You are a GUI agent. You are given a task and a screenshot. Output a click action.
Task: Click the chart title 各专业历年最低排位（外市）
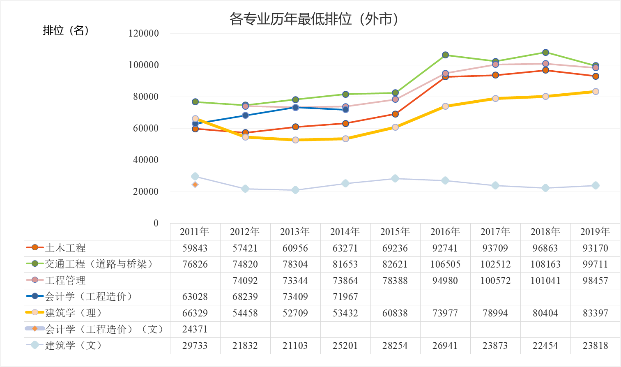[314, 19]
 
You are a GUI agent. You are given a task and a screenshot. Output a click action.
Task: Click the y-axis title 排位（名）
[66, 30]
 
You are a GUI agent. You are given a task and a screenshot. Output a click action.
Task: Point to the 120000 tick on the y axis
[144, 34]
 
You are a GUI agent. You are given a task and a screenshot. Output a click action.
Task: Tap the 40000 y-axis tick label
[145, 160]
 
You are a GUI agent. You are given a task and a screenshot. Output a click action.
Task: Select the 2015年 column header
[395, 232]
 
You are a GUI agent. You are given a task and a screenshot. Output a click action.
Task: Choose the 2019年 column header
[595, 232]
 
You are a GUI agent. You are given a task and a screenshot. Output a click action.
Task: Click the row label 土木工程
[65, 248]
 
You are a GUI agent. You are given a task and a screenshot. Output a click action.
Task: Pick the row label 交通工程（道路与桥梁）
[99, 264]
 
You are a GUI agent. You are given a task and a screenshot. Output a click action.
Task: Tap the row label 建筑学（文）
[73, 345]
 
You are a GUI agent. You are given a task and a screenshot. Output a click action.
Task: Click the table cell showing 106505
[445, 264]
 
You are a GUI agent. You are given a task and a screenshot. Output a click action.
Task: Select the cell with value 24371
[195, 329]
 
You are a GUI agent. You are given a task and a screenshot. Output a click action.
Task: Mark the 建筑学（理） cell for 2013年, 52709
[295, 313]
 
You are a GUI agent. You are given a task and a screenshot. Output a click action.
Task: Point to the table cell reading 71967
[345, 297]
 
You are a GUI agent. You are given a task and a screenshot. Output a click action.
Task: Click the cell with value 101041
[545, 281]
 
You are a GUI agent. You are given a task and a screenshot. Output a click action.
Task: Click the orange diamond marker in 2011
[195, 185]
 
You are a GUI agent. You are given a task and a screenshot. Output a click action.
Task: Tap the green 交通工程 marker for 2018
[545, 53]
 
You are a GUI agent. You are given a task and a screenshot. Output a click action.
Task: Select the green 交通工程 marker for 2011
[195, 102]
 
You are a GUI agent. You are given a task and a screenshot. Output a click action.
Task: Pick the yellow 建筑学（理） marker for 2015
[395, 127]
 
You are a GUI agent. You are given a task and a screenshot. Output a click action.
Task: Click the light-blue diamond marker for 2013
[295, 190]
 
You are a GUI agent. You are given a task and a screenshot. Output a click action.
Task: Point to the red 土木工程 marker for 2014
[345, 124]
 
